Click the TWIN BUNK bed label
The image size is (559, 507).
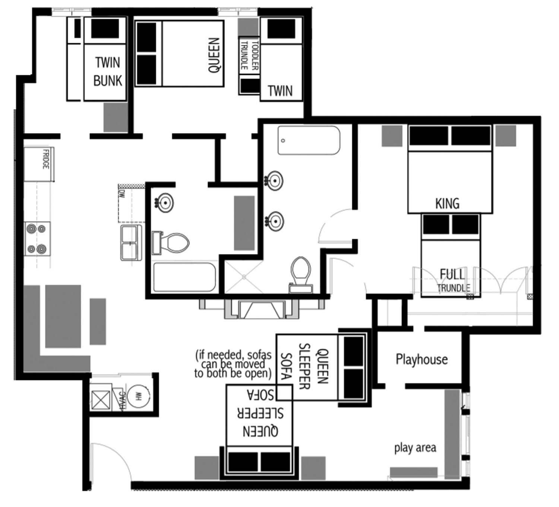click(x=107, y=72)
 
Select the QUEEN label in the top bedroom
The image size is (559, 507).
click(x=214, y=55)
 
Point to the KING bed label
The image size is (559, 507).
click(x=447, y=203)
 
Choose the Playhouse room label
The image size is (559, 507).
click(x=421, y=359)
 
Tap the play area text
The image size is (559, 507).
click(x=415, y=447)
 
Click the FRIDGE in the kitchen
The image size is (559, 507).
click(x=39, y=163)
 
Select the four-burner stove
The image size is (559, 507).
click(x=37, y=238)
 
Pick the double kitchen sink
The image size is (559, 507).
click(x=131, y=242)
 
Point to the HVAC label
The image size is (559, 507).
click(x=121, y=400)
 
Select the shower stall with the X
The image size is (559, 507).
click(x=244, y=277)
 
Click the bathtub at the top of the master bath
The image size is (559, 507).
click(x=309, y=140)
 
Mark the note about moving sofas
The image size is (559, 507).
click(x=233, y=364)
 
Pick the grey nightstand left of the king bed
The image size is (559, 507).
click(x=392, y=136)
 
